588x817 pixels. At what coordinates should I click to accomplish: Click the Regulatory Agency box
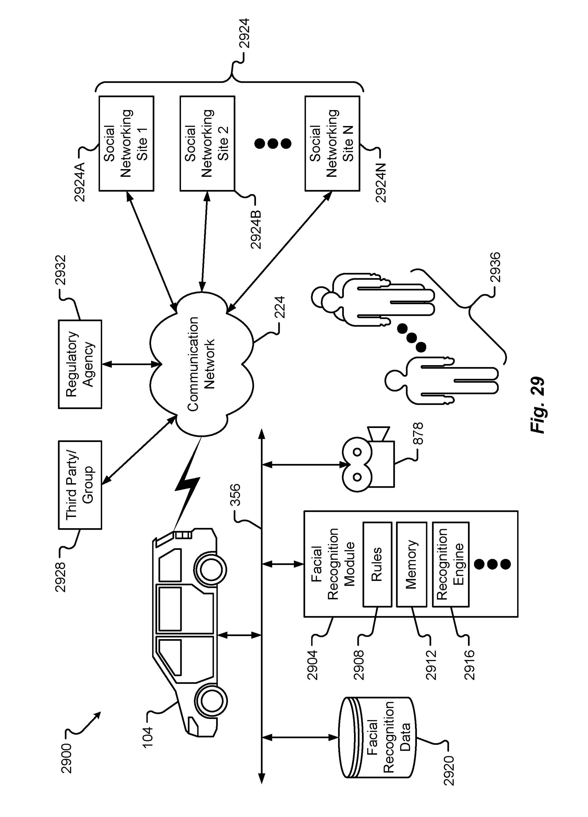80,364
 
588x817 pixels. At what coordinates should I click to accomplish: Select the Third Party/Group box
80,484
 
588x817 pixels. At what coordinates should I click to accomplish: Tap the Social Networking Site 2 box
207,143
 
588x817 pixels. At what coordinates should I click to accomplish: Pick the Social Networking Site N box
332,143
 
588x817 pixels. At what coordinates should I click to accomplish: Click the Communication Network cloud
201,364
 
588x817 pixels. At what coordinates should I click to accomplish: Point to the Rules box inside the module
377,565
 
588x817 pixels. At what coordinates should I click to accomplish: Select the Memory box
411,565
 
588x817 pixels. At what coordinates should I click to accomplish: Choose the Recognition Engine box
450,565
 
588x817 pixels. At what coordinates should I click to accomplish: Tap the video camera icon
367,465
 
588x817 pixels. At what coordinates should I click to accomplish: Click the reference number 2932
61,270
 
